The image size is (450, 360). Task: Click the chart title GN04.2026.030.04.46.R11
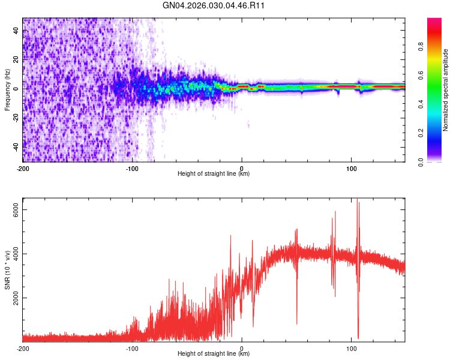click(x=214, y=6)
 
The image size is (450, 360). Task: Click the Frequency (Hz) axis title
click(x=7, y=89)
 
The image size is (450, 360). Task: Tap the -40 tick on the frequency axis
click(x=16, y=146)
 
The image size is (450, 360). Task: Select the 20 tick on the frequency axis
click(x=16, y=59)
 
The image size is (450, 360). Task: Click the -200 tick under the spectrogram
click(x=23, y=169)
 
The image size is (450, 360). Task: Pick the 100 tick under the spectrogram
click(x=351, y=169)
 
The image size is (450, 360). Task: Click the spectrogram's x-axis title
click(x=214, y=175)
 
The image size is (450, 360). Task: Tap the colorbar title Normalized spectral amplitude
click(x=446, y=90)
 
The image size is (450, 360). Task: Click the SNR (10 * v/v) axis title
click(x=7, y=270)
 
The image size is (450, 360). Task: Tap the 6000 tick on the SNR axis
click(x=16, y=210)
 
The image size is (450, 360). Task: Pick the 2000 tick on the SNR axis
click(x=16, y=298)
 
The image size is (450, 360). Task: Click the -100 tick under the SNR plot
click(x=132, y=348)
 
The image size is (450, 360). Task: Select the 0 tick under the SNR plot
click(x=241, y=348)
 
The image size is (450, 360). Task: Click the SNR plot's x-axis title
click(x=214, y=355)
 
